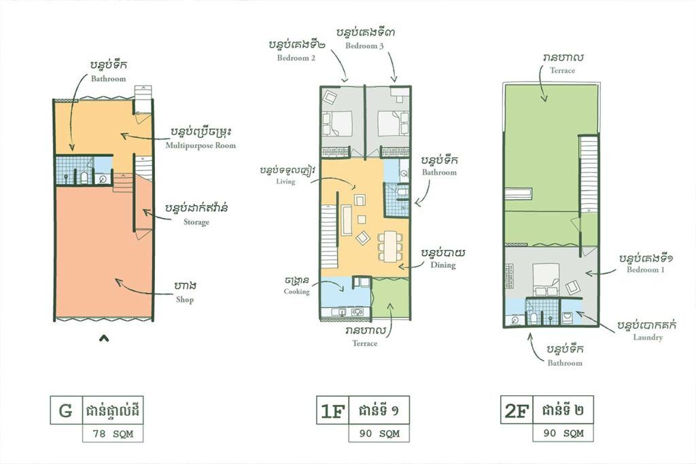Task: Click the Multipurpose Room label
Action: pos(201,145)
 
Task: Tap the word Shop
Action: pos(185,300)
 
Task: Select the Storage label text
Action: pos(196,222)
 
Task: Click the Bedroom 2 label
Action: pos(296,58)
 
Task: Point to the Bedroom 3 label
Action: pos(364,46)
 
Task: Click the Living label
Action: pos(285,181)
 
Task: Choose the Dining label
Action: pos(443,265)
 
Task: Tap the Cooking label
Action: pos(296,291)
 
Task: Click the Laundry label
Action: pos(648,338)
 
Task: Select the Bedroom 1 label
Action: pos(646,270)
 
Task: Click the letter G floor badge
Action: pos(66,410)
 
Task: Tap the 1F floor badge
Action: pos(332,411)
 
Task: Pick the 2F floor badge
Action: pos(517,410)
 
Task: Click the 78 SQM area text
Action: pos(113,434)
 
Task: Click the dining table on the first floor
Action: pos(390,247)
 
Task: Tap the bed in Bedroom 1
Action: pos(546,279)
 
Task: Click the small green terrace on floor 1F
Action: pos(390,298)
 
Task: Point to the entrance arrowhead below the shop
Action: pos(104,338)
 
